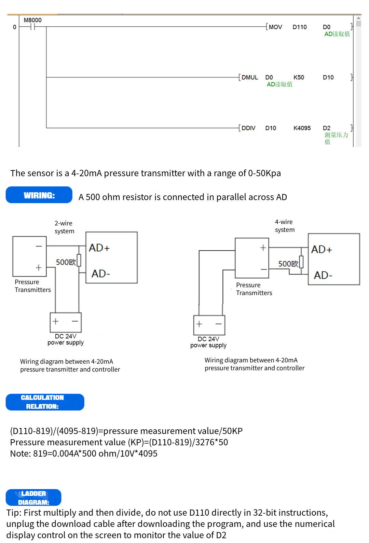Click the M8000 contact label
click(32, 20)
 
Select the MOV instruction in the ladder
click(275, 27)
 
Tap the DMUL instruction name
click(249, 78)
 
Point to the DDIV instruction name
click(248, 128)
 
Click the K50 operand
click(299, 78)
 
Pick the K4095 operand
click(302, 128)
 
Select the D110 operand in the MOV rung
click(300, 27)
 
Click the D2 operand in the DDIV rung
click(327, 128)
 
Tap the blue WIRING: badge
click(39, 195)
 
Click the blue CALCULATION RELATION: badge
click(45, 402)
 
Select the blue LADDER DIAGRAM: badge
click(33, 498)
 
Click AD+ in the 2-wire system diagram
click(99, 248)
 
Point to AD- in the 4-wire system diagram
click(323, 275)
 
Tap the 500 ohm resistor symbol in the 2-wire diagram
click(79, 260)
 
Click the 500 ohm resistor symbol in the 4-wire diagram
click(301, 262)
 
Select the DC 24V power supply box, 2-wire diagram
click(66, 322)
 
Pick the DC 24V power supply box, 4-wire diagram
click(209, 325)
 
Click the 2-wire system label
click(64, 227)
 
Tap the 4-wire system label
click(285, 226)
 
